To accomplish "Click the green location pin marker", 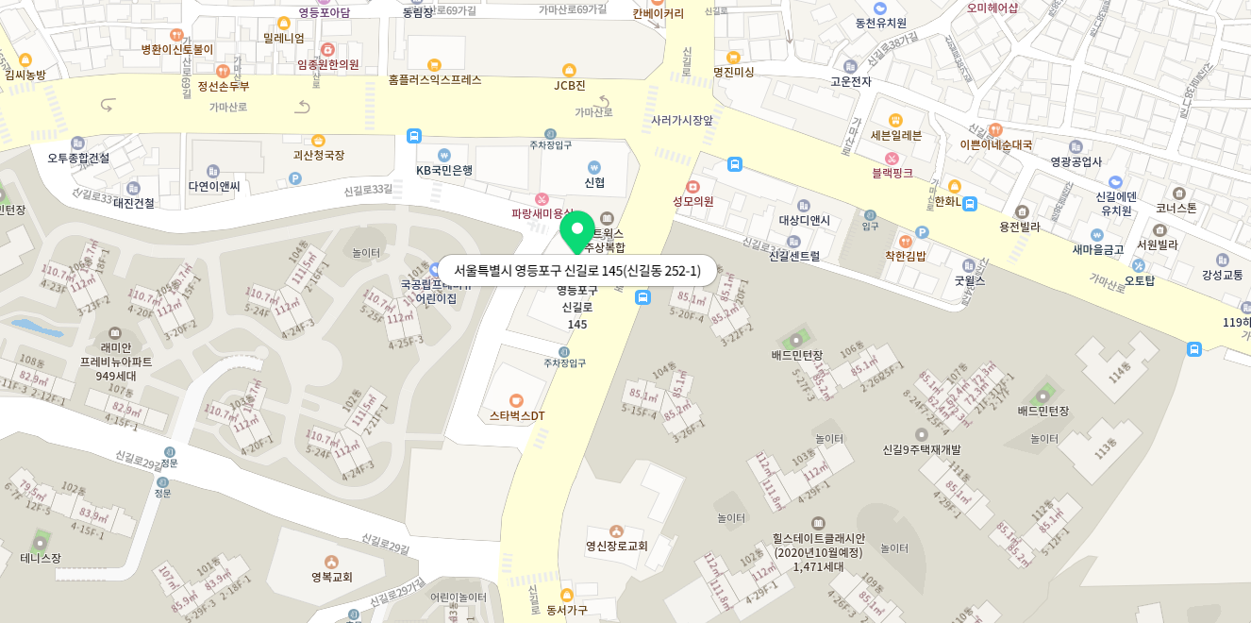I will pyautogui.click(x=577, y=229).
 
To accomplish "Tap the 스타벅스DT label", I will pyautogui.click(x=517, y=415).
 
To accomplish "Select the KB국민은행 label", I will pyautogui.click(x=444, y=170).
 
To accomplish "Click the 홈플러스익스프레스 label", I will pyautogui.click(x=435, y=80).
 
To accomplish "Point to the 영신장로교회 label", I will pyautogui.click(x=617, y=546).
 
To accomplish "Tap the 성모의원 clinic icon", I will pyautogui.click(x=693, y=187).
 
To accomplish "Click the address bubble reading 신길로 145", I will pyautogui.click(x=577, y=271).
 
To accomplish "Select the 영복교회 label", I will pyautogui.click(x=332, y=577).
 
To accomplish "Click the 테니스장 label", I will pyautogui.click(x=41, y=558).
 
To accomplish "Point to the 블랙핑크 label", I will pyautogui.click(x=892, y=173).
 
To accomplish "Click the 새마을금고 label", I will pyautogui.click(x=1097, y=250).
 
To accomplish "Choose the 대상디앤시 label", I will pyautogui.click(x=805, y=221).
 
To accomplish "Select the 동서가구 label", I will pyautogui.click(x=567, y=610).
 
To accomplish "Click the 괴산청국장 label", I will pyautogui.click(x=318, y=155).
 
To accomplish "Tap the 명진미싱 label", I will pyautogui.click(x=733, y=72).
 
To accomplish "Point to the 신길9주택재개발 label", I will pyautogui.click(x=922, y=449).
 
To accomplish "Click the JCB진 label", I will pyautogui.click(x=569, y=85).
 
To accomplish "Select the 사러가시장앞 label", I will pyautogui.click(x=682, y=121).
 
